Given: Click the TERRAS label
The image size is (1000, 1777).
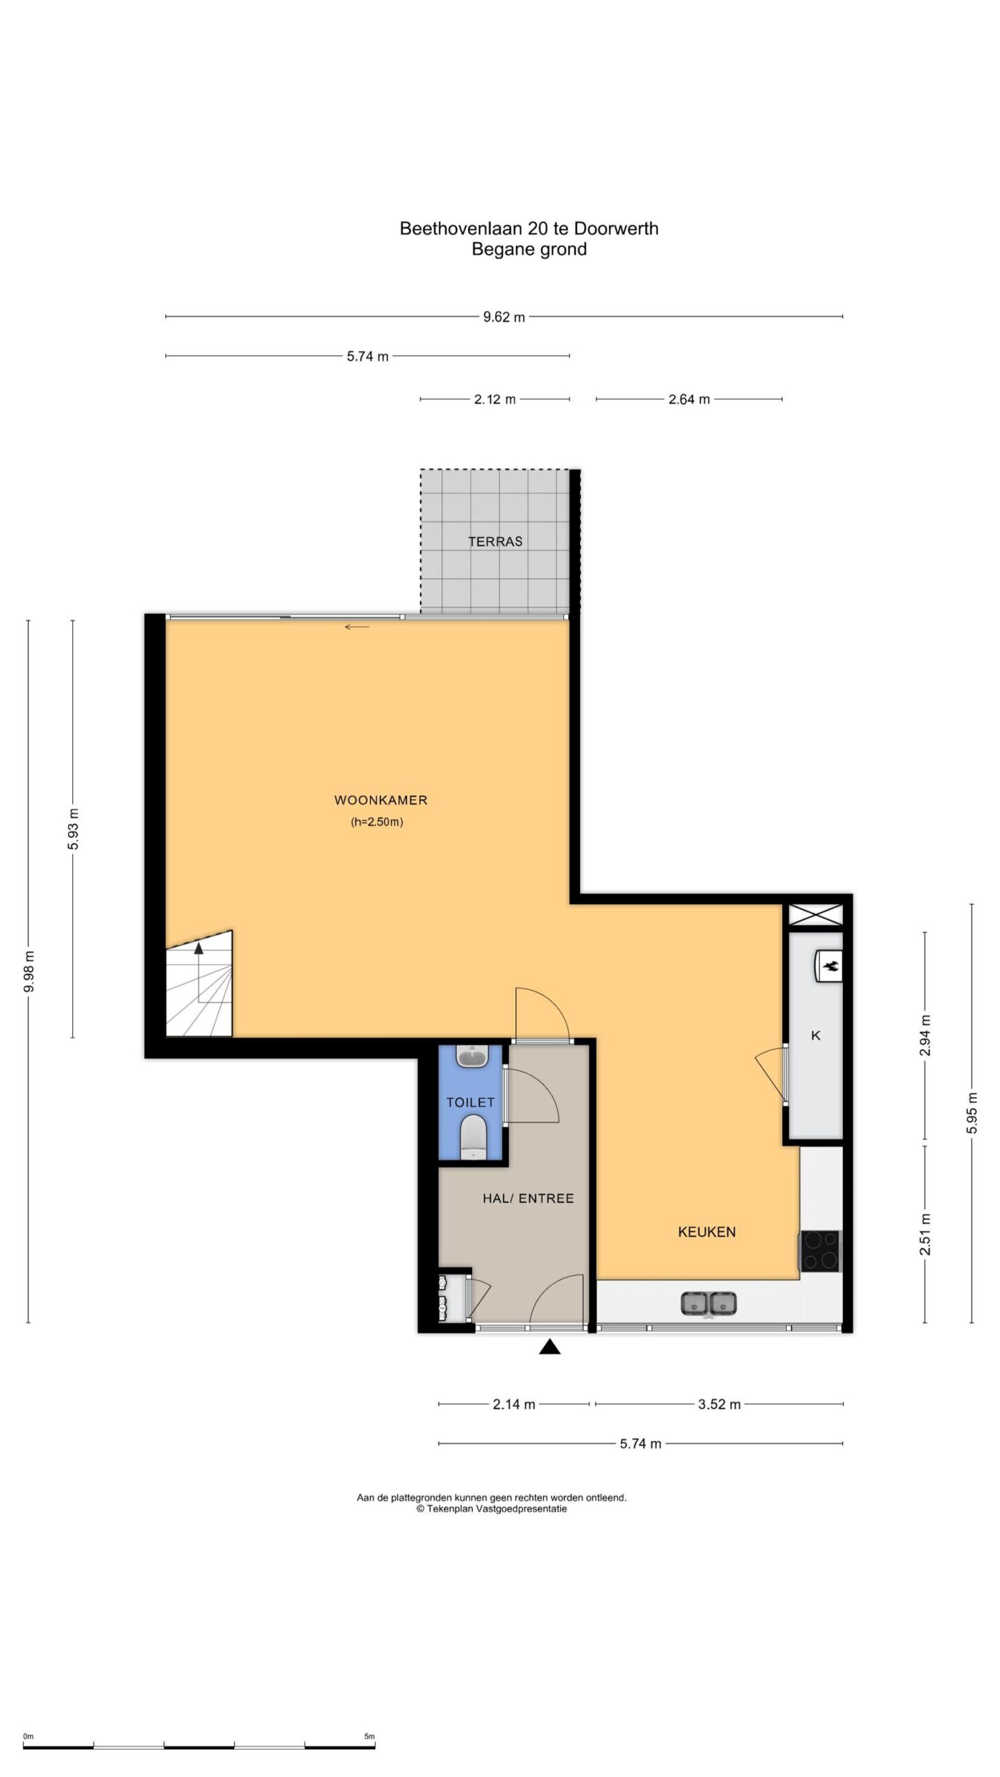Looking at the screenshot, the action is tap(494, 541).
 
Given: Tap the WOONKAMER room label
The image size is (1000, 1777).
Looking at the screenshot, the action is tap(381, 800).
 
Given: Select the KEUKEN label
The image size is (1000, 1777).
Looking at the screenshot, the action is tap(706, 1232).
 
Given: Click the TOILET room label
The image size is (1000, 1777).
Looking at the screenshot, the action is tap(470, 1102).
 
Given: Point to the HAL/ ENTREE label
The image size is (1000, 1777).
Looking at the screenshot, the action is tap(528, 1198).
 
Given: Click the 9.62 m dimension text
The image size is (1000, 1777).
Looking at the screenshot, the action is tap(504, 317).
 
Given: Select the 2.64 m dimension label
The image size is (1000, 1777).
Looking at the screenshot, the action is tap(689, 399).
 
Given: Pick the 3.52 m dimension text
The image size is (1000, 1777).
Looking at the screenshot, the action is tap(719, 1404).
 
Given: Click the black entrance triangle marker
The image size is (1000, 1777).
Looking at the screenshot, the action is tap(549, 1347).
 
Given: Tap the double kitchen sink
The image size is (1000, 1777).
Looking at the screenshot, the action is tap(708, 1304).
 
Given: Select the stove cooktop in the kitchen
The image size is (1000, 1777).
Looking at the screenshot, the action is tap(820, 1251).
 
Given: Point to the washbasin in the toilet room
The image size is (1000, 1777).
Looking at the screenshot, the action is tap(473, 1057).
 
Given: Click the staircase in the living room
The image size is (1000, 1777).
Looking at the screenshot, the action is tap(199, 984).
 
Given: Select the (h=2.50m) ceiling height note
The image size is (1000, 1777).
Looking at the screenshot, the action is tap(377, 823).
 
